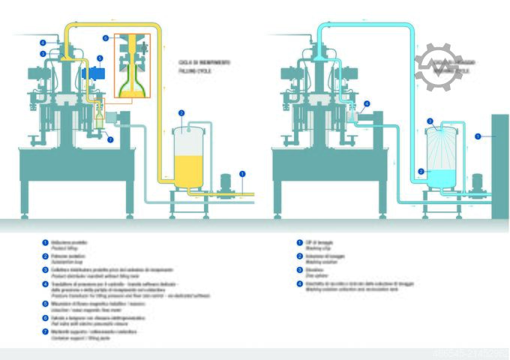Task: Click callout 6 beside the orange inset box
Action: [x=106, y=37]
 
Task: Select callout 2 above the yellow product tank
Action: [x=181, y=112]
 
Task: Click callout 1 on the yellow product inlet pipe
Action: [x=242, y=173]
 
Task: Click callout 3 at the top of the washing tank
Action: [x=430, y=121]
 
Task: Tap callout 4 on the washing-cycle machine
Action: [x=367, y=104]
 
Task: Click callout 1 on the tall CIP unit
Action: [x=478, y=136]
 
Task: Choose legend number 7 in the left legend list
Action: [x=44, y=331]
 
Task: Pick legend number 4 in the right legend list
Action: [x=298, y=282]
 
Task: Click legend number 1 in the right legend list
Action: [x=298, y=242]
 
